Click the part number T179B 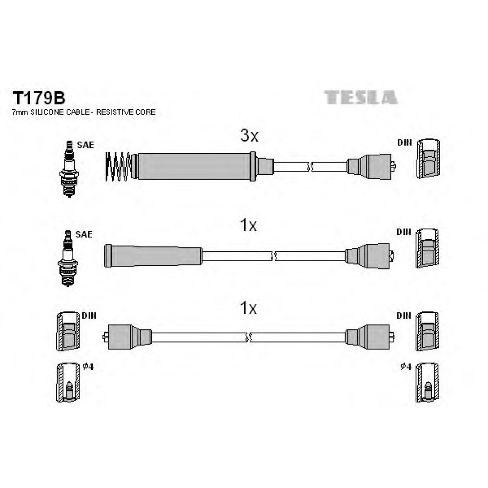[x=39, y=98]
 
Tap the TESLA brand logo [x=361, y=98]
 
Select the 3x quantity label [x=249, y=136]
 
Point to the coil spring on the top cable [x=118, y=166]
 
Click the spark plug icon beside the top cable [x=69, y=169]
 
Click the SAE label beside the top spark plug [x=85, y=145]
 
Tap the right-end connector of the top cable [x=371, y=166]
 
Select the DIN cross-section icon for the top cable [x=428, y=159]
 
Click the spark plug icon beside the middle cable [x=67, y=258]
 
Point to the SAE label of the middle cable [x=84, y=234]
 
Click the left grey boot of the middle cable [x=153, y=256]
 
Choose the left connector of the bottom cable [x=127, y=337]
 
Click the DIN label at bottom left [x=89, y=316]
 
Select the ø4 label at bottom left [x=88, y=367]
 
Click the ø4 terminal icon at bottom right [x=427, y=383]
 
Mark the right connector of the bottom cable [x=369, y=337]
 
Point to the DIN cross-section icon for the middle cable [x=427, y=248]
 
